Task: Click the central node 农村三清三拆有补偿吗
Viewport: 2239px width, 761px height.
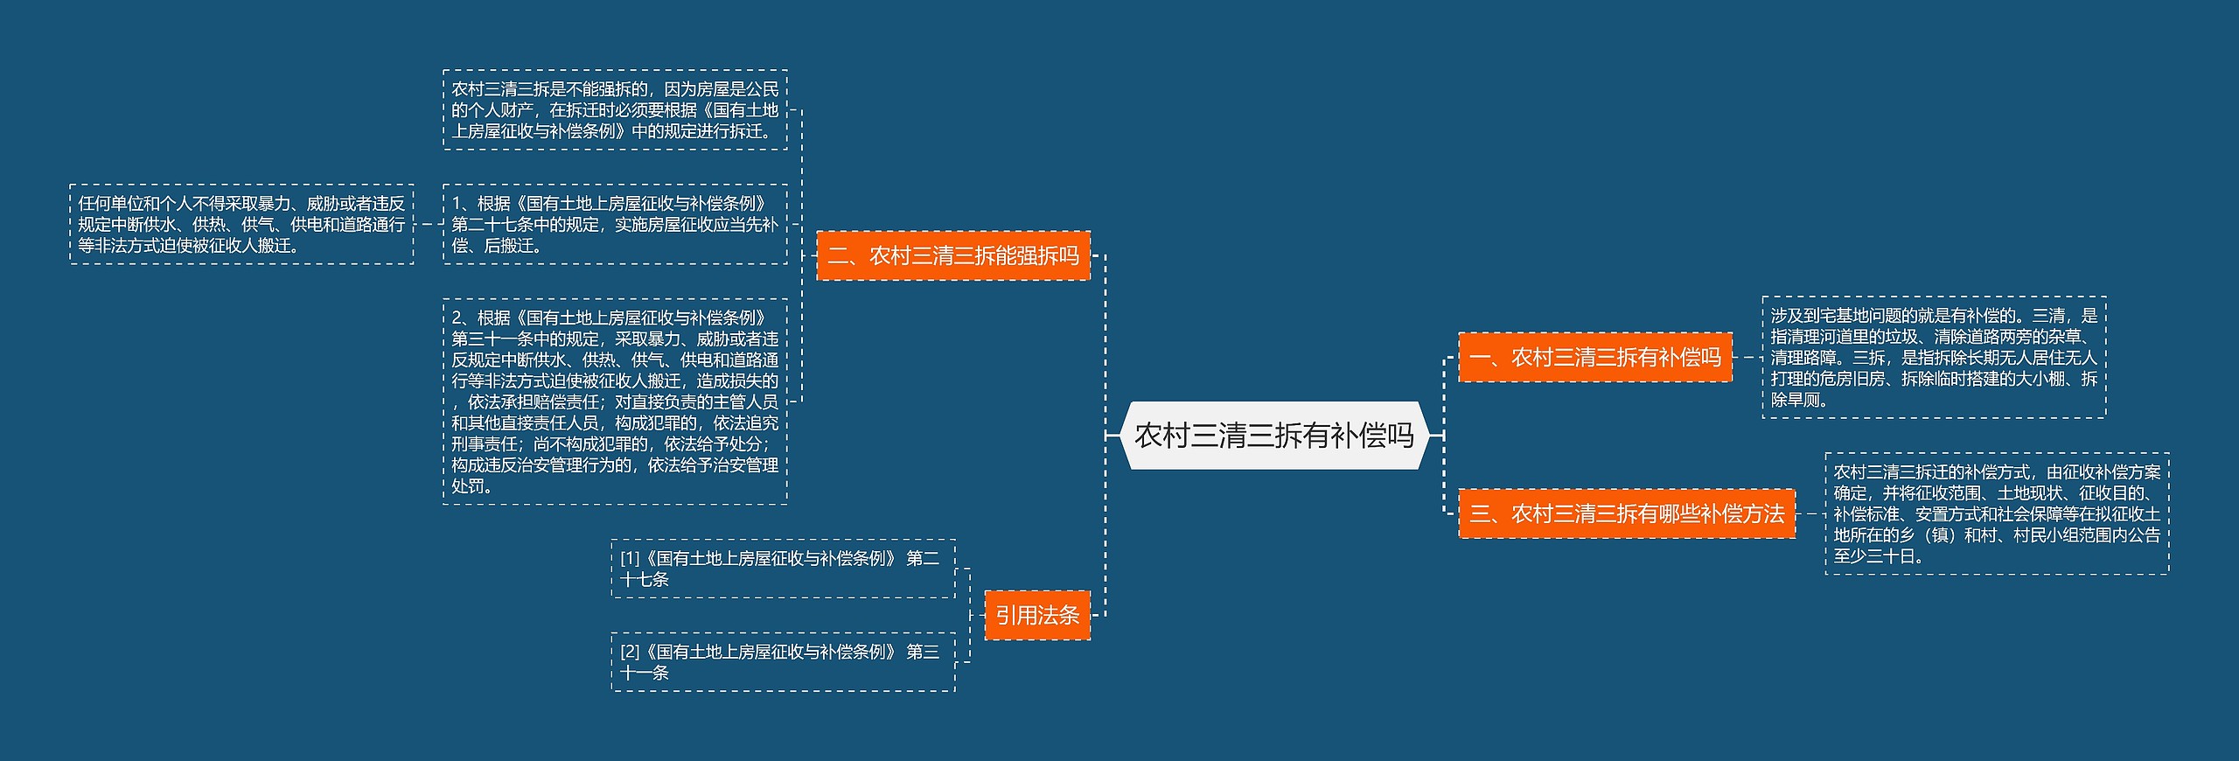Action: pyautogui.click(x=1273, y=436)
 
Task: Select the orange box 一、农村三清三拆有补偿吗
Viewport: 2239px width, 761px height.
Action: pyautogui.click(x=1594, y=357)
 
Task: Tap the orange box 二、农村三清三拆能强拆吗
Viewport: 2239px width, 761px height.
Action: pyautogui.click(x=952, y=255)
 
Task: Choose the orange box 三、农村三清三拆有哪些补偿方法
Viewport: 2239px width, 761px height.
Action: pyautogui.click(x=1626, y=513)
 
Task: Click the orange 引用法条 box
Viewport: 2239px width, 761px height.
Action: pyautogui.click(x=1037, y=615)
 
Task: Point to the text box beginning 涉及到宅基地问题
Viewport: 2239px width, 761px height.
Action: pyautogui.click(x=1934, y=357)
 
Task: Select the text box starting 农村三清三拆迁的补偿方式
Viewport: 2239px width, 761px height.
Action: pyautogui.click(x=1997, y=513)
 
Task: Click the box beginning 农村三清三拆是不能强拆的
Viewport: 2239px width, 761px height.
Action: pyautogui.click(x=615, y=110)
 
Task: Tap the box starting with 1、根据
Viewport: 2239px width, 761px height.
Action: pyautogui.click(x=615, y=224)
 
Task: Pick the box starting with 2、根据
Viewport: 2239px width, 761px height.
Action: pyautogui.click(x=615, y=401)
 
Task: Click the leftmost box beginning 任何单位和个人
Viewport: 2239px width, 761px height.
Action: pyautogui.click(x=241, y=224)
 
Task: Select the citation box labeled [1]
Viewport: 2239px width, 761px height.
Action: pyautogui.click(x=783, y=569)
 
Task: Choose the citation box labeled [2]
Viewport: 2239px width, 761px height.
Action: pyautogui.click(x=783, y=662)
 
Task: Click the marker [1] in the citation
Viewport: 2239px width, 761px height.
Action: pyautogui.click(x=630, y=558)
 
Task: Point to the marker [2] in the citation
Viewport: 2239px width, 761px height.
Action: pyautogui.click(x=630, y=652)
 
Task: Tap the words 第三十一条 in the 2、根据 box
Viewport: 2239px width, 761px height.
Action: pyautogui.click(x=492, y=339)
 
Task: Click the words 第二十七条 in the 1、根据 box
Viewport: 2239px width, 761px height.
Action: pyautogui.click(x=492, y=225)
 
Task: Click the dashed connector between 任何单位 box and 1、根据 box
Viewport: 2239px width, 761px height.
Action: pyautogui.click(x=429, y=224)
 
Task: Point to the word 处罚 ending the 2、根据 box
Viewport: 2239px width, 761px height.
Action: pyautogui.click(x=468, y=486)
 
